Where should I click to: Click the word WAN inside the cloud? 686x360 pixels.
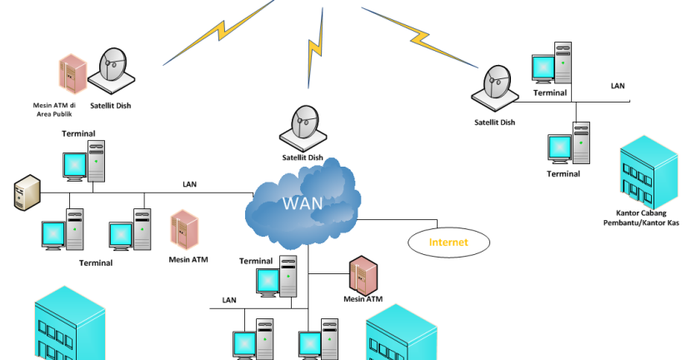click(x=302, y=204)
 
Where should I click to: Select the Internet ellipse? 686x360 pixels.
click(x=448, y=242)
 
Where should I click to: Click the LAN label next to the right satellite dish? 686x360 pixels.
click(x=617, y=86)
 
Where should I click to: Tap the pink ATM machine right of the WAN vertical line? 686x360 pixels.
click(x=361, y=273)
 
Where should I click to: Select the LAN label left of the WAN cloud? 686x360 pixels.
click(x=189, y=183)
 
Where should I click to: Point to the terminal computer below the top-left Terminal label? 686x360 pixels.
click(x=85, y=161)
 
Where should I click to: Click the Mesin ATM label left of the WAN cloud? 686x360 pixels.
click(x=188, y=260)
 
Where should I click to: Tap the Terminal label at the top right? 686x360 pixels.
click(x=550, y=93)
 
